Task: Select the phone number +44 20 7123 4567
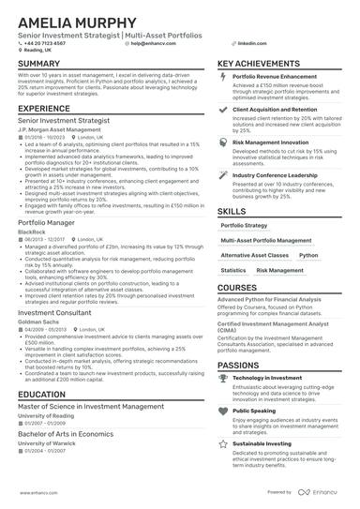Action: click(47, 43)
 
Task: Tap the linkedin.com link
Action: click(247, 43)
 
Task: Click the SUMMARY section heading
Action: click(37, 64)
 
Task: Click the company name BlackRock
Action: click(31, 231)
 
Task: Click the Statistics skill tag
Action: click(232, 270)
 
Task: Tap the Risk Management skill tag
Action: click(279, 270)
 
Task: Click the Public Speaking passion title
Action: click(254, 411)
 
